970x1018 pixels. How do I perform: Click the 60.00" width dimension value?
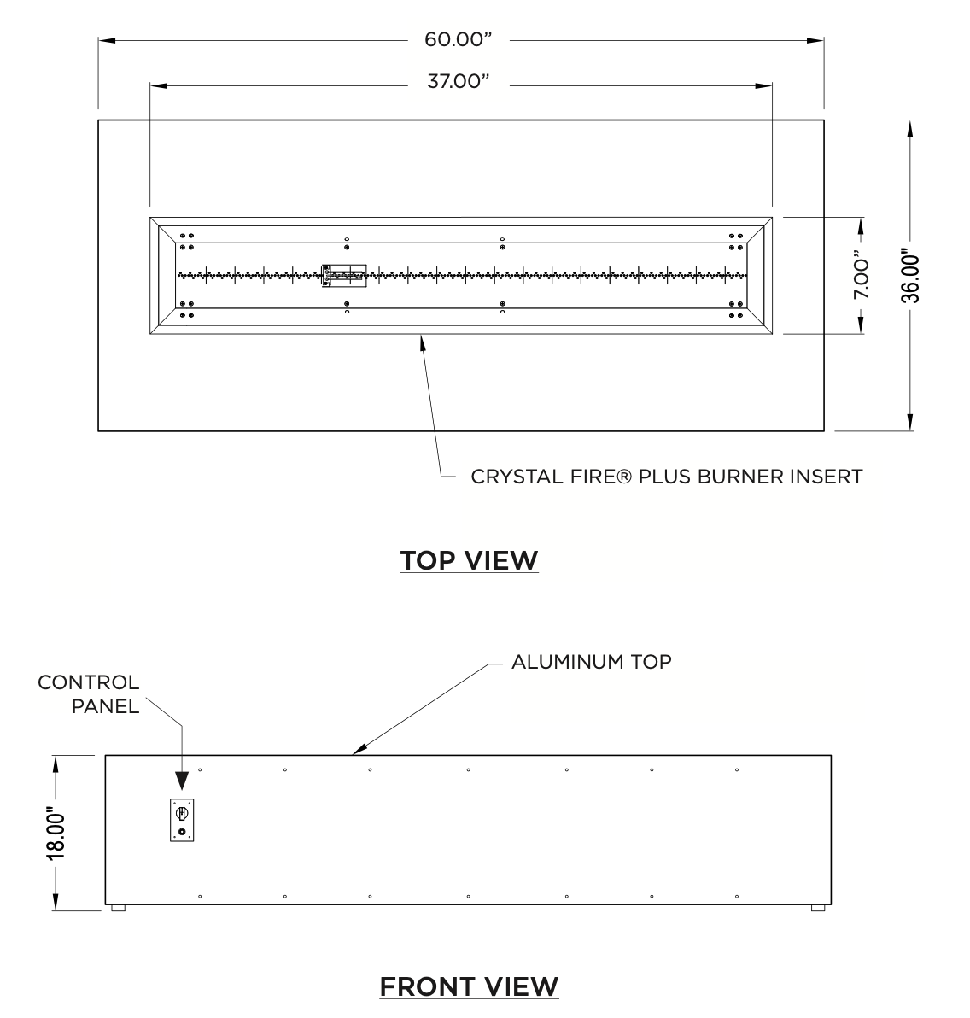458,39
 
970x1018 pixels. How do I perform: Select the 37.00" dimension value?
458,82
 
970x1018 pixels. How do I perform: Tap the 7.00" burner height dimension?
861,275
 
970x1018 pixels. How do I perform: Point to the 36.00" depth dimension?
910,278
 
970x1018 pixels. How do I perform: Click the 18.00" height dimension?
56,834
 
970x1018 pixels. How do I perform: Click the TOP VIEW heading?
469,560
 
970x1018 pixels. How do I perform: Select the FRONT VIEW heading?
469,986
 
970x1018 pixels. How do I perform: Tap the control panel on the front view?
182,820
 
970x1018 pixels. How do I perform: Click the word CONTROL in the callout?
88,682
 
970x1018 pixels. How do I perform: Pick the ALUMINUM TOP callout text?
592,662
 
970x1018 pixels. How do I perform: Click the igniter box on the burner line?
345,276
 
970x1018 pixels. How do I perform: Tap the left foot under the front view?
118,908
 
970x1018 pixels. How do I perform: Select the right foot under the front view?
818,908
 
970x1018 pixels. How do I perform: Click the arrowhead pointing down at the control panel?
182,781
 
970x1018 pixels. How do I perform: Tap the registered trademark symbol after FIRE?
623,477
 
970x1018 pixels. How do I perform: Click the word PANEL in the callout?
105,706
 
